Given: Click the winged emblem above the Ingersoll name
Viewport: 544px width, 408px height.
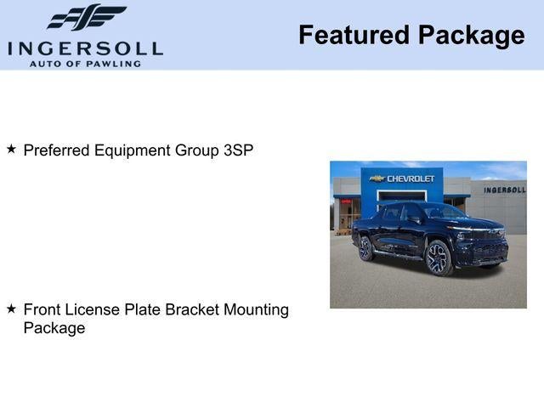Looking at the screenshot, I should click(86, 17).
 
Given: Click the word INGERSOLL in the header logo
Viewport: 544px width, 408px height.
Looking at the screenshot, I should click(85, 47).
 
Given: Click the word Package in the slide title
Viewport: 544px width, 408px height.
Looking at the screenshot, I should click(471, 36).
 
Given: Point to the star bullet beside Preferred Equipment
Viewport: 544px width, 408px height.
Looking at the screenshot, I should click(11, 149).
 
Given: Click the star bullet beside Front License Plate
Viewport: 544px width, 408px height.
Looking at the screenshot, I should click(11, 309).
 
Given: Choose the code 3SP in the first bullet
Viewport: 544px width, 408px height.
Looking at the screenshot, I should click(238, 150).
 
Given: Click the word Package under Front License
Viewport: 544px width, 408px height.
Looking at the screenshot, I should click(54, 328).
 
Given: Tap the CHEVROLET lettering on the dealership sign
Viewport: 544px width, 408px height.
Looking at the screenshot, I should click(411, 178).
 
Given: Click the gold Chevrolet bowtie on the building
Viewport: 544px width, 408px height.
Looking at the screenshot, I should click(377, 178).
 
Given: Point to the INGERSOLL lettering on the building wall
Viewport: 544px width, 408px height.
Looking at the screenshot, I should click(504, 190).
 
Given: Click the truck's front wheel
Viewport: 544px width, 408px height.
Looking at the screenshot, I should click(439, 258).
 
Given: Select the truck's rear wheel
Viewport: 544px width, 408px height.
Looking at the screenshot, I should click(366, 247).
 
